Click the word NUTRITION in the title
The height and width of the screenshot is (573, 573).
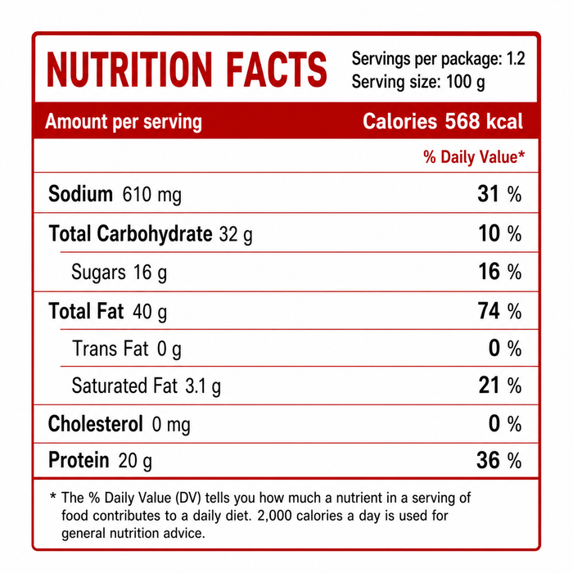point(129,70)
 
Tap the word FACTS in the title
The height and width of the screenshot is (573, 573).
point(277,70)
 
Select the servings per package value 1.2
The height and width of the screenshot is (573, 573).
point(516,58)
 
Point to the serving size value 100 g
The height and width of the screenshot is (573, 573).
point(466,82)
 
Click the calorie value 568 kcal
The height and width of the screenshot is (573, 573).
point(484,121)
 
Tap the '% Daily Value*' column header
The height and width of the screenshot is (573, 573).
point(474,157)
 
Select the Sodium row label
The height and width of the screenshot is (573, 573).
point(80,194)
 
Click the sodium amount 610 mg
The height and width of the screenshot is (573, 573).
point(151,195)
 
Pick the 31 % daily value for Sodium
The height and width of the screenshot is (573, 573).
point(499,194)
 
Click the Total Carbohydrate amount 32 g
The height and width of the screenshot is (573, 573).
point(236,234)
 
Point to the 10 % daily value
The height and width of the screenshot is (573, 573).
point(500,233)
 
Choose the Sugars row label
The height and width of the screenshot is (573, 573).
point(98,273)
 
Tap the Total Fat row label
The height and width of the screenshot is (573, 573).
point(86,311)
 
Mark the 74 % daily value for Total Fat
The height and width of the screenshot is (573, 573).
point(499,311)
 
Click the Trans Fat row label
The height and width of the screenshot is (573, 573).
point(111,348)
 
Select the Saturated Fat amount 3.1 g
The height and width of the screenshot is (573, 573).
point(203,386)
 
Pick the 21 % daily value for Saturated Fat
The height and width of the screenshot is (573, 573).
point(500,386)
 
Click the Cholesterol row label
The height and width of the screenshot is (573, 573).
point(96,424)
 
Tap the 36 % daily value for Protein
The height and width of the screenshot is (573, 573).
point(499,460)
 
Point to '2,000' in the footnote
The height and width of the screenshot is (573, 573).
point(274,516)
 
